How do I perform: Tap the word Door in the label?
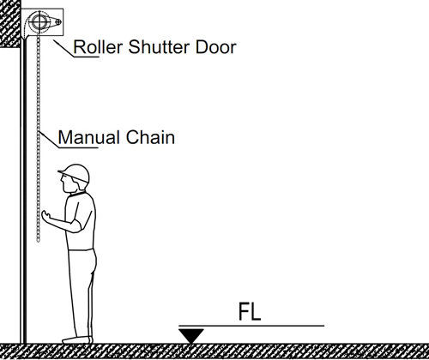216,47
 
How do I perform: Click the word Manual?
88,137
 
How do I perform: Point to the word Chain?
150,137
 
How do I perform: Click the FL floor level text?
250,311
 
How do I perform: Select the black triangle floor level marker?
191,335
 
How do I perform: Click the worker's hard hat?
75,173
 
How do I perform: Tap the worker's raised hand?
46,216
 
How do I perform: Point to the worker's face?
68,183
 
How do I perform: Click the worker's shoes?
77,339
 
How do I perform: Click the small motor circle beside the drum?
58,21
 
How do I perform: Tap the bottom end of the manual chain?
38,241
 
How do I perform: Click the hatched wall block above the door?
10,23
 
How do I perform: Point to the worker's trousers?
82,293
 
